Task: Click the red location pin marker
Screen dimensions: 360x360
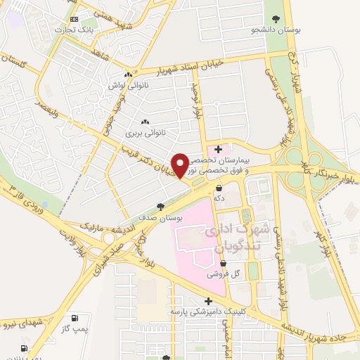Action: click(x=179, y=166)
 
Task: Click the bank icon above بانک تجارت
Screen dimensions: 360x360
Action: click(x=75, y=20)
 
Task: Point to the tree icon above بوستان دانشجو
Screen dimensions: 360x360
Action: click(x=273, y=20)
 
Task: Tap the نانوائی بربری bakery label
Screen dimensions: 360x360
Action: click(x=144, y=131)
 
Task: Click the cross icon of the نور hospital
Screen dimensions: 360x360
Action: click(x=219, y=149)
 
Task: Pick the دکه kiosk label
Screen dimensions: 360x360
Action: click(x=219, y=199)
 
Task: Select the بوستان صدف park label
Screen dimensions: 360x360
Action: click(x=160, y=218)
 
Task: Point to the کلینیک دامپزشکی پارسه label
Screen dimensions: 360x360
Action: click(x=205, y=311)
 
